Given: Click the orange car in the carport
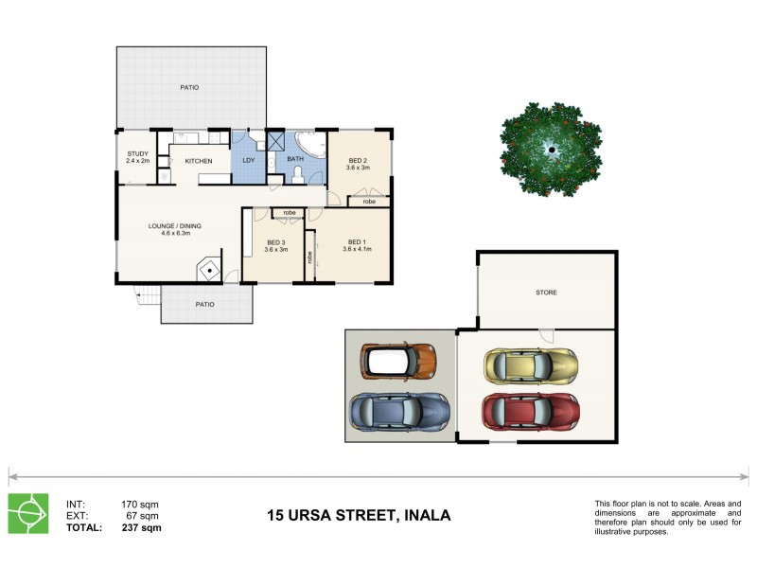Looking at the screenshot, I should click(398, 361).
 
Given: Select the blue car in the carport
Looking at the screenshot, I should click(400, 410).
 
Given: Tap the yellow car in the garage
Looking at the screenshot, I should click(530, 364).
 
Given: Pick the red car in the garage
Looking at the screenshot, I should click(530, 412).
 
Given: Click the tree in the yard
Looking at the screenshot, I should click(551, 149).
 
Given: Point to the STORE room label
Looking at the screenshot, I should click(546, 293).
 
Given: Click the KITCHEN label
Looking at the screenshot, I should click(198, 161).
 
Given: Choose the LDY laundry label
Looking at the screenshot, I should click(249, 160).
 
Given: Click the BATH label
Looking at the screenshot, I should click(295, 159).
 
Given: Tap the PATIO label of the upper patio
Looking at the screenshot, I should click(189, 88).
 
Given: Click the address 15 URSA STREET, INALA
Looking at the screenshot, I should click(359, 516).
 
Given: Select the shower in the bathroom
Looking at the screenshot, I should click(277, 142).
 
